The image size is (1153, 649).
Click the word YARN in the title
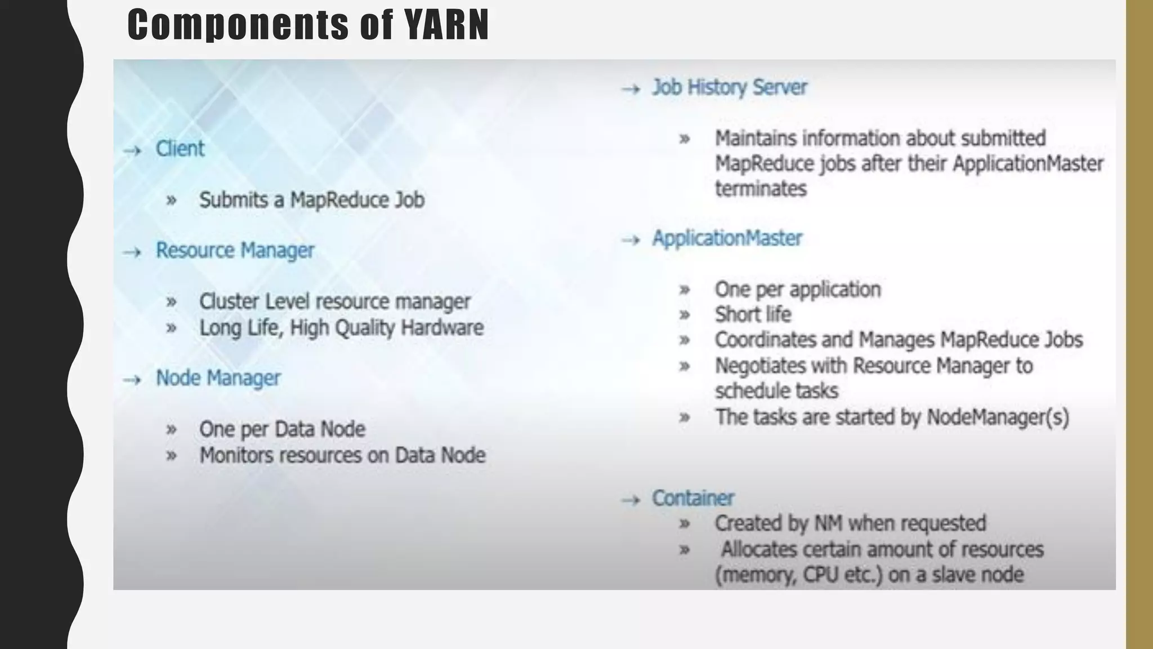(446, 25)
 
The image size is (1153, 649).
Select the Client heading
(180, 149)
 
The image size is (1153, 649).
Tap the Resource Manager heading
(235, 250)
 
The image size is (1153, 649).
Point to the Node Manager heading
(218, 378)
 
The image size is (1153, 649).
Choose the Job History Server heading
(730, 87)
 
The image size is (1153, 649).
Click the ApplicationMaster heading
(727, 238)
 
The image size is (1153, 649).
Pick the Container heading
(693, 498)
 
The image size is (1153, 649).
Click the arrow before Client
(132, 150)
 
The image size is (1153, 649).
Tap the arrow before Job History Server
(631, 89)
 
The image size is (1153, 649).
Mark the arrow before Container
(631, 500)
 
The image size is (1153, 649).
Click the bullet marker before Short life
(685, 315)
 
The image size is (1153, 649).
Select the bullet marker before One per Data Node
(172, 430)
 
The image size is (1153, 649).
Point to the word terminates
(761, 188)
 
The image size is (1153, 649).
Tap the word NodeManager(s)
(998, 417)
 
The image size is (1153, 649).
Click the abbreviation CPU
(821, 575)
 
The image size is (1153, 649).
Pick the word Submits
(234, 200)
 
